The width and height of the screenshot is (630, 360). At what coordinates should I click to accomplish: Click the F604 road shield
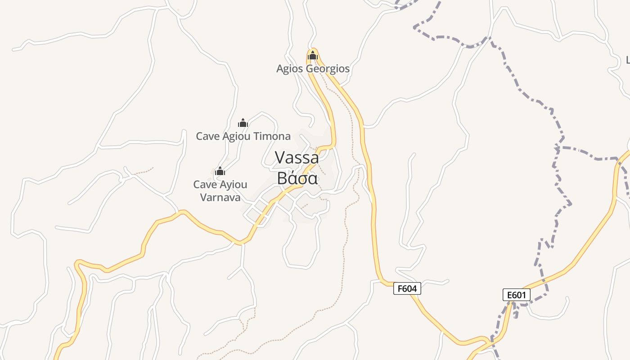point(407,288)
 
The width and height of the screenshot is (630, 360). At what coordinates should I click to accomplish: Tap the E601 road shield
point(517,295)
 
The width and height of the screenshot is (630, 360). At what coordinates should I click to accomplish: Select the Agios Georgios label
point(313,69)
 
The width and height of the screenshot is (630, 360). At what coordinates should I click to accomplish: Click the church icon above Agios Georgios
point(313,56)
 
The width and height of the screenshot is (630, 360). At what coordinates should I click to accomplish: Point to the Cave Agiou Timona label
point(243,136)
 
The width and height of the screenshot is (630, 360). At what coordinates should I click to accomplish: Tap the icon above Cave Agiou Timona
point(243,123)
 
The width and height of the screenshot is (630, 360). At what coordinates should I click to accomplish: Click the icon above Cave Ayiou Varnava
point(220,171)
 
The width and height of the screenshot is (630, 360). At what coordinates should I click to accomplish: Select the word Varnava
point(220,197)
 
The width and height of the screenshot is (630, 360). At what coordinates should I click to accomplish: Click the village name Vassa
point(297,157)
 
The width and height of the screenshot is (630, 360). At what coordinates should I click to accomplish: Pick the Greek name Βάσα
point(297,178)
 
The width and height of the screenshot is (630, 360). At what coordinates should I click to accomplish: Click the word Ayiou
point(233,184)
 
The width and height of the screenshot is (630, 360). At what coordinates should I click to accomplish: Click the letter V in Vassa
point(280,157)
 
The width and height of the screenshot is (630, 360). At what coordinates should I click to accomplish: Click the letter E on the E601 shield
point(510,295)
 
